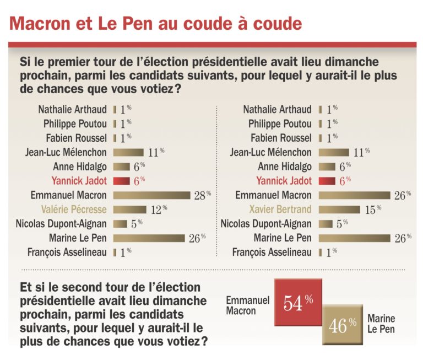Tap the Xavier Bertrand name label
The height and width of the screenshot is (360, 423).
pyautogui.click(x=279, y=209)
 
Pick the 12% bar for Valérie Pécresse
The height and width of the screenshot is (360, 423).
pyautogui.click(x=130, y=209)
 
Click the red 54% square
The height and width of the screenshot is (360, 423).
pyautogui.click(x=297, y=303)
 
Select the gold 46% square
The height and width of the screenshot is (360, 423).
pyautogui.click(x=343, y=326)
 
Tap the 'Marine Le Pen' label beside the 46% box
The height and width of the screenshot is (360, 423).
pyautogui.click(x=381, y=324)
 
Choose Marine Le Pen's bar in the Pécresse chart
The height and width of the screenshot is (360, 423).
pyautogui.click(x=149, y=238)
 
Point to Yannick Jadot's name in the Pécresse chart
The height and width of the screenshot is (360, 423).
pyautogui.click(x=79, y=181)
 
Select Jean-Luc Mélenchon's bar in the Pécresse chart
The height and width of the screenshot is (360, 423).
pyautogui.click(x=128, y=152)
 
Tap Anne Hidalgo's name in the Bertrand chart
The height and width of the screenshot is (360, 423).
pyautogui.click(x=284, y=166)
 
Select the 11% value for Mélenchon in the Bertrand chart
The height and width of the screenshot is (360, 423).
pyautogui.click(x=361, y=152)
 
